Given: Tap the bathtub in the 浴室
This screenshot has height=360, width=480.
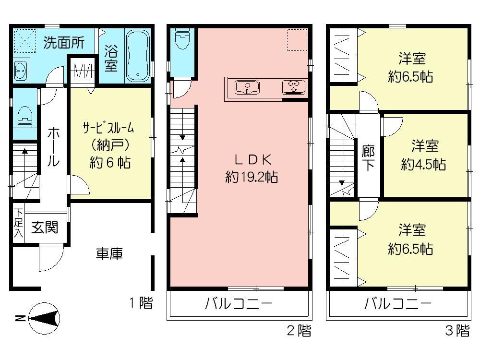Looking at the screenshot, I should coord(138,55).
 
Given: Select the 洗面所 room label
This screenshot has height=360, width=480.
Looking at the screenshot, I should coord(64,43).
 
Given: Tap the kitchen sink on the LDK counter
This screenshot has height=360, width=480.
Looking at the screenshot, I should coord(247,87).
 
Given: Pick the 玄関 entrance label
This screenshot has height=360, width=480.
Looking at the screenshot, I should coord(45,227).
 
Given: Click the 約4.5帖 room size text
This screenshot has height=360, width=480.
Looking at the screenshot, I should coord(423,165).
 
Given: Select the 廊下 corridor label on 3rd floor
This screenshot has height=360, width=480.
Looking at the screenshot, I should coord(368,157).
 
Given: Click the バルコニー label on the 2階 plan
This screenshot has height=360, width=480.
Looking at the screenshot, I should coord(239,304).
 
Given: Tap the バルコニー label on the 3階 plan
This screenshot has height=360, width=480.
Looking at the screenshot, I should coord(397,304).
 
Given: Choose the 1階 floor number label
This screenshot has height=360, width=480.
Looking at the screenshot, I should coord(141,303).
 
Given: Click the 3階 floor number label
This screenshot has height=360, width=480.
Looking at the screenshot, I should coord(456,331).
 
